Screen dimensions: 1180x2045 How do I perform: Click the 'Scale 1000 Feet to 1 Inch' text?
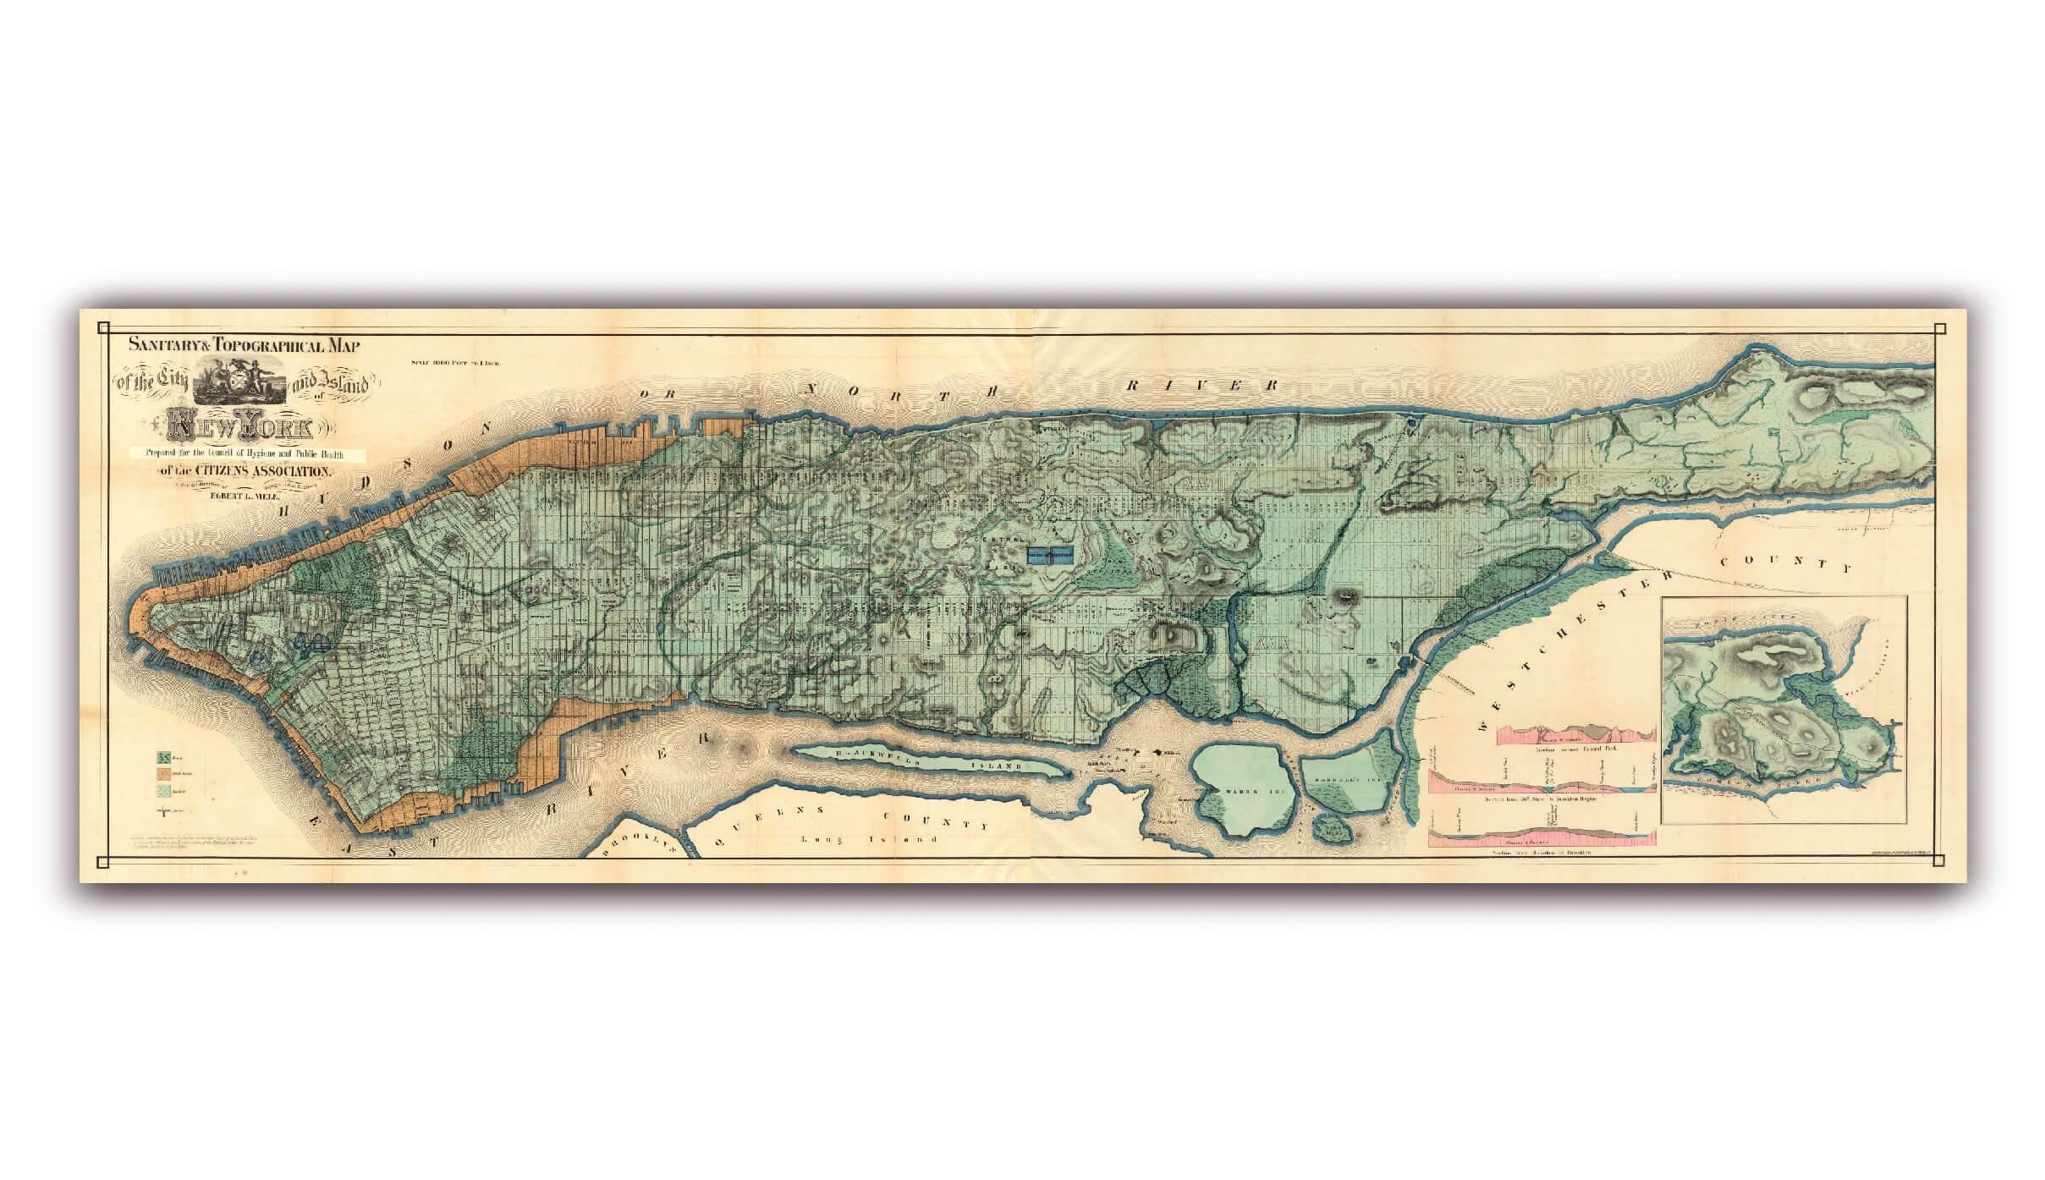pyautogui.click(x=457, y=363)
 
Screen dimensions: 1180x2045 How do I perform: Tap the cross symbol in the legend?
pyautogui.click(x=162, y=811)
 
